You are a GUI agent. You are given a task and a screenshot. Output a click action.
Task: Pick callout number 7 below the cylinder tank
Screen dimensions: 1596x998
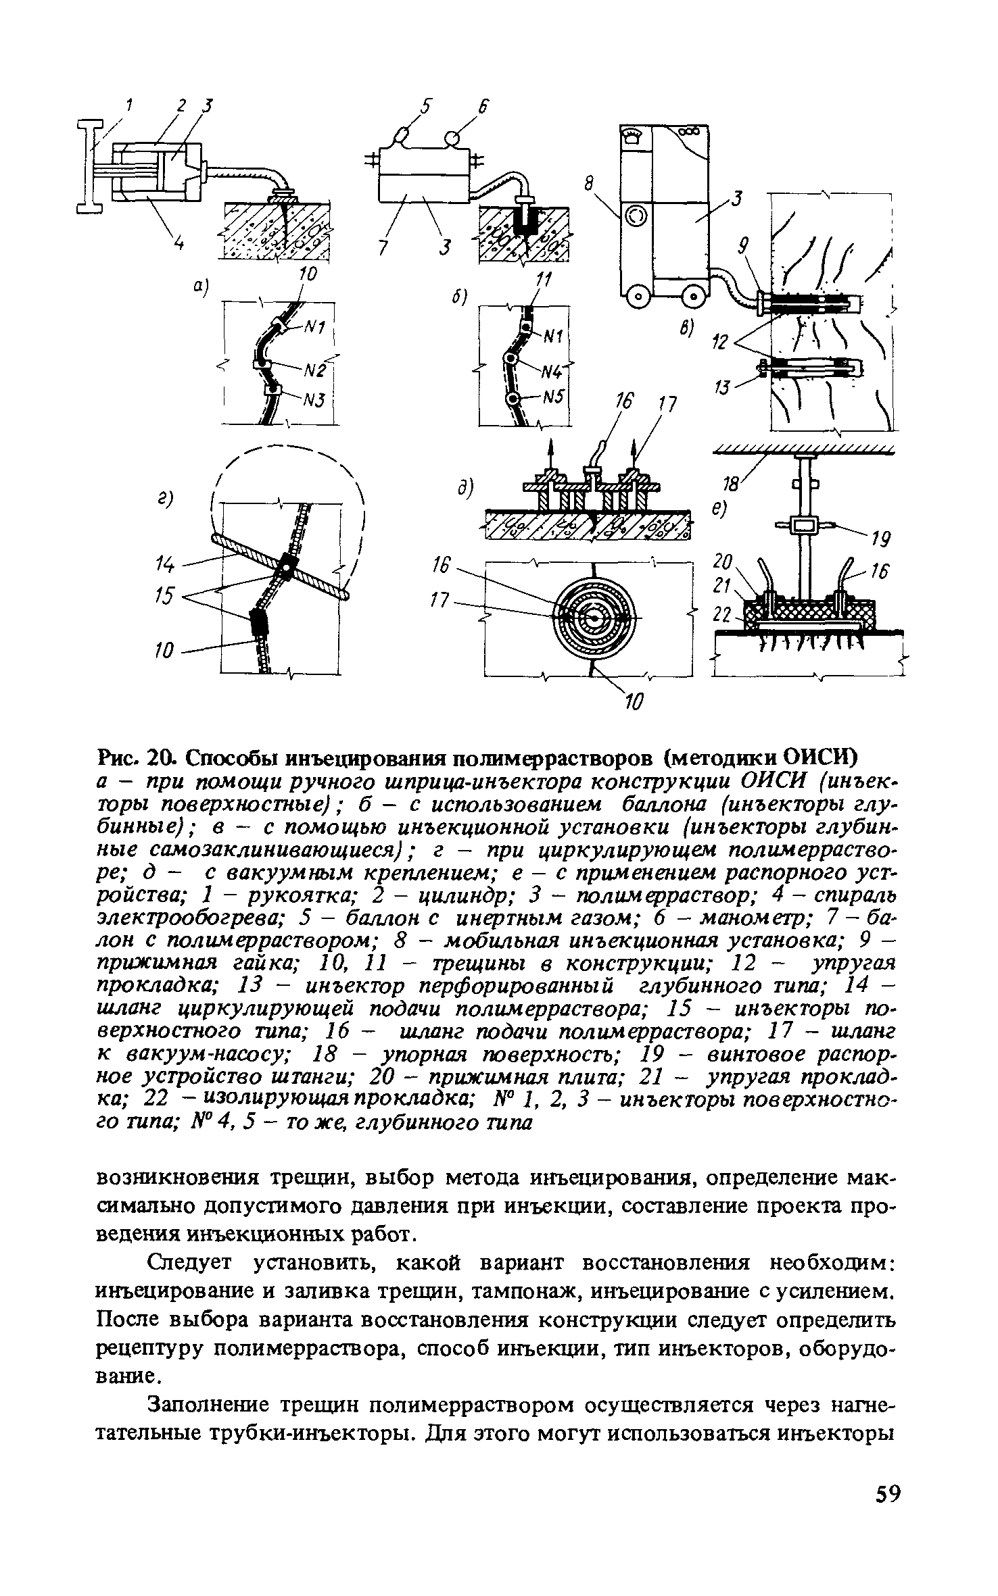(x=383, y=249)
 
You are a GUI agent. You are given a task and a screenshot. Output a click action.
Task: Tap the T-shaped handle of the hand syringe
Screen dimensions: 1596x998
(x=89, y=166)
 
